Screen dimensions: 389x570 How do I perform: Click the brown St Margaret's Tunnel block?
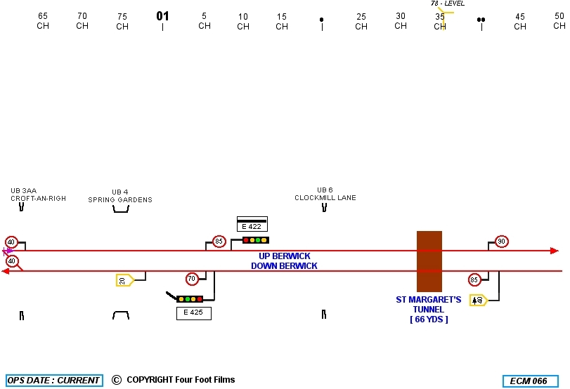click(x=429, y=261)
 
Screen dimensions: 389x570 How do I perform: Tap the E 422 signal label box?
click(x=252, y=226)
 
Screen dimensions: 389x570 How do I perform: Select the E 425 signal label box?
click(x=193, y=312)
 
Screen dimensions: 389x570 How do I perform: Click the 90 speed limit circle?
click(x=501, y=242)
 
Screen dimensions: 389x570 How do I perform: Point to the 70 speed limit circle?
click(x=191, y=279)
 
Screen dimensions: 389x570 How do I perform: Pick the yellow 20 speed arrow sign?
click(x=124, y=280)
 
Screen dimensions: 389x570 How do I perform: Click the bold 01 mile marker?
click(x=162, y=16)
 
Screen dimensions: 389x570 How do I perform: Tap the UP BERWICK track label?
click(x=284, y=256)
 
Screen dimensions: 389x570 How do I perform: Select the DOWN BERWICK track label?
click(x=284, y=266)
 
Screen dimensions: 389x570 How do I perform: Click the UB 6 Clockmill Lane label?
click(x=325, y=194)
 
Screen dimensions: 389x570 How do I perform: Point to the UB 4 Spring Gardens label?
click(x=120, y=196)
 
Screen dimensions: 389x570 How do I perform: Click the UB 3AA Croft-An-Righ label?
click(x=38, y=194)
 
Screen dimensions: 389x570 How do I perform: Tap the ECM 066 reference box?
click(x=530, y=381)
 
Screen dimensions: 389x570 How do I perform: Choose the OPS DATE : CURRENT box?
click(x=54, y=381)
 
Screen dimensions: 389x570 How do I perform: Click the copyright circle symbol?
click(x=116, y=380)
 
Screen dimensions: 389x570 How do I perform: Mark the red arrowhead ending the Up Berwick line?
click(x=554, y=251)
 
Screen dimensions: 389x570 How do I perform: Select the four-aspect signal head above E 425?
click(x=190, y=299)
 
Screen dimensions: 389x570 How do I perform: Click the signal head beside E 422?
click(x=255, y=240)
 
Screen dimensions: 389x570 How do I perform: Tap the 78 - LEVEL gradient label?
click(x=448, y=4)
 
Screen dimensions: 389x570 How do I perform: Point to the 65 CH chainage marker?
click(x=43, y=21)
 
